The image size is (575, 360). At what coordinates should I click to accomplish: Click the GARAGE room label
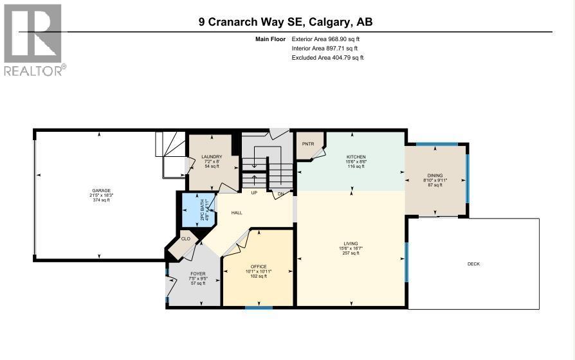(x=100, y=190)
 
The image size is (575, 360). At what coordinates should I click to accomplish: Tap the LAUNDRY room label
(x=212, y=156)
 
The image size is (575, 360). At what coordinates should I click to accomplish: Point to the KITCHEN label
(x=356, y=157)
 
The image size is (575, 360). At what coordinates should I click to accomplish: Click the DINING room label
(x=435, y=175)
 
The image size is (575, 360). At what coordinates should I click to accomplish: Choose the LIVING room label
(x=351, y=243)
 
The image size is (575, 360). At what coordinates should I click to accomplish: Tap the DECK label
(x=473, y=264)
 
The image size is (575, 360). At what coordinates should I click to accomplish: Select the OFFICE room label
(x=258, y=266)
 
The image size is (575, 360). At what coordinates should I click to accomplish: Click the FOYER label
(x=197, y=273)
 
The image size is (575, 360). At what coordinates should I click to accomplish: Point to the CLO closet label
(x=185, y=239)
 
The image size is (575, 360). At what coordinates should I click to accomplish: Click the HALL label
(x=237, y=212)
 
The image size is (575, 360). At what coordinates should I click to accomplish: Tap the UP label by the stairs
(x=254, y=193)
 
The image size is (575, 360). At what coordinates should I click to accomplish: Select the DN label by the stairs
(x=280, y=193)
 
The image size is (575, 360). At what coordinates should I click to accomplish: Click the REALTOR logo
(x=33, y=40)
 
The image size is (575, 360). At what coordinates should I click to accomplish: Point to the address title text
(x=286, y=22)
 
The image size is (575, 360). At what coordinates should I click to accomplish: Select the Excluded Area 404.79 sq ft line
(x=327, y=57)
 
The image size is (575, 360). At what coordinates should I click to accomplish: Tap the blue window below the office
(x=259, y=308)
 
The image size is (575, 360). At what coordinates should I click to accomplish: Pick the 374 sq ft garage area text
(x=100, y=200)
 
